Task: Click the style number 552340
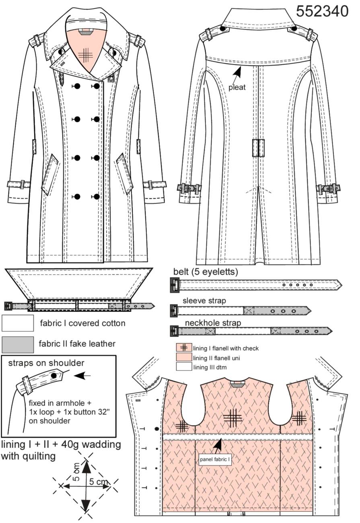point(322,11)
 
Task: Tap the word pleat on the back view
point(237,88)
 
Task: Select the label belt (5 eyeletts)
point(206,272)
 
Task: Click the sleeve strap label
point(204,301)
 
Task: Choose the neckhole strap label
point(213,323)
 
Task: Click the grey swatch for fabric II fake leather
point(18,344)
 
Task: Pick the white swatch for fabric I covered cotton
point(18,323)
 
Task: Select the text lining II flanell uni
point(216,358)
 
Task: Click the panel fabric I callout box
point(215,459)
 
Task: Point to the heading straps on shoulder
point(46,363)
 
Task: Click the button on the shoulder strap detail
point(54,376)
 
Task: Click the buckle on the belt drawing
point(175,285)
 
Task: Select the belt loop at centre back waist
point(258,148)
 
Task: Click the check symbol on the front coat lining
point(85,55)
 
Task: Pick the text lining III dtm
point(210,367)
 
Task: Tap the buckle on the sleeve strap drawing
point(174,310)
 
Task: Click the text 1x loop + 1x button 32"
point(69,412)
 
